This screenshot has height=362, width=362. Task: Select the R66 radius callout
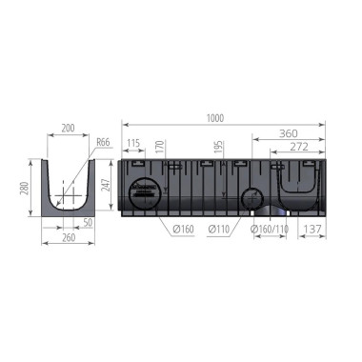pos(103,143)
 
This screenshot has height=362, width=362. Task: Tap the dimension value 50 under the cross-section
pos(89,222)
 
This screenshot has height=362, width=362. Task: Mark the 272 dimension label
pos(297,148)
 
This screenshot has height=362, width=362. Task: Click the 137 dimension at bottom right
pos(311,230)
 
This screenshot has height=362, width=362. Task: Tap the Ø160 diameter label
pos(184,230)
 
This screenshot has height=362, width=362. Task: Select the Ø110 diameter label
pos(220,230)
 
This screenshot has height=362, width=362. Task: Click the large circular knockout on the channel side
pos(143,190)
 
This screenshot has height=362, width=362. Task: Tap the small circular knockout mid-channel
pos(251,198)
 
